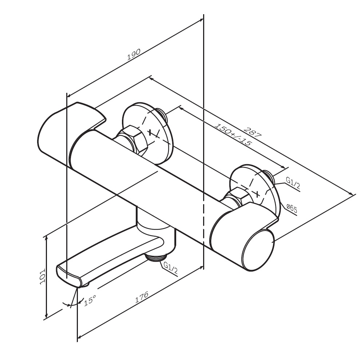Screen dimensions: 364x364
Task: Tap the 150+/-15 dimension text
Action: (233, 134)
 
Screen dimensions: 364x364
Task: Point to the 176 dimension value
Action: (142, 297)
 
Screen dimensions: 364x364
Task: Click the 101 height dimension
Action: (43, 277)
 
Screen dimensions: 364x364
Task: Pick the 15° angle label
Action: (90, 300)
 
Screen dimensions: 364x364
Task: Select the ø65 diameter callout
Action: (292, 209)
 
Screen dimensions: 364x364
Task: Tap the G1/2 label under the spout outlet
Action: (171, 268)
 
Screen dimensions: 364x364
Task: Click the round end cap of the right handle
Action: (258, 250)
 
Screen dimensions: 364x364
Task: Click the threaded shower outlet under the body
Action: (156, 257)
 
